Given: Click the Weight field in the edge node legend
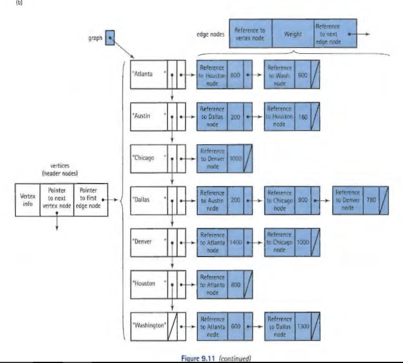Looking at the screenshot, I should point(292,33).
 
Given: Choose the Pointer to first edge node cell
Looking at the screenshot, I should point(89,199).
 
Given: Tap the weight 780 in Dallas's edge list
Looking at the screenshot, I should point(369,200).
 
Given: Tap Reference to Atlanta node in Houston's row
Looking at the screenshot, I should point(213,283).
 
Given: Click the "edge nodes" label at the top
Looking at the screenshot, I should point(211,35).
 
